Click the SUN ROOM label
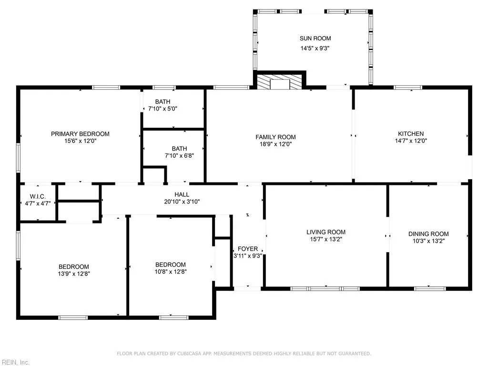click(x=315, y=38)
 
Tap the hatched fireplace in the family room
click(x=280, y=81)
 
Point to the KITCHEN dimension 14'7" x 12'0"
click(x=411, y=141)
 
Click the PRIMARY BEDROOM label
click(x=80, y=134)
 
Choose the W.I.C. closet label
click(x=37, y=196)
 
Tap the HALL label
click(x=182, y=194)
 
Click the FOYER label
click(x=248, y=249)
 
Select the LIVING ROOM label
click(x=326, y=232)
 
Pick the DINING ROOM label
click(x=428, y=234)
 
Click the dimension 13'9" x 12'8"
click(x=74, y=274)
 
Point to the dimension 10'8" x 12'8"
click(x=171, y=272)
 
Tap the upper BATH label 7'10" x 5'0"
click(x=163, y=102)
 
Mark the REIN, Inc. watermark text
click(x=15, y=362)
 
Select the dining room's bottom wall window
click(x=429, y=288)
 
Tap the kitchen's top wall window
click(x=408, y=87)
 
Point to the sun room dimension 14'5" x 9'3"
click(x=315, y=48)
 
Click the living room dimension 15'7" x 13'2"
click(x=326, y=239)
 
